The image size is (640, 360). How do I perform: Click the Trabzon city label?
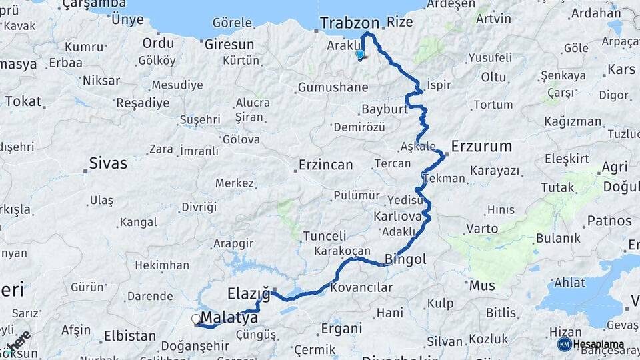(x=349, y=23)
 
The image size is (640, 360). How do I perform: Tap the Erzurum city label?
(x=481, y=146)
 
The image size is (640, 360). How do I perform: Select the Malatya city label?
(x=229, y=318)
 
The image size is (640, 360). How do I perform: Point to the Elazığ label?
(x=249, y=293)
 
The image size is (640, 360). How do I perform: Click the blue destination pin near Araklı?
(x=360, y=55)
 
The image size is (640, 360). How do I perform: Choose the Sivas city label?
(x=107, y=163)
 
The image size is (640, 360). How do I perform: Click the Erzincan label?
(x=326, y=165)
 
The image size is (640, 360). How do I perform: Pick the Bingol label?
(x=405, y=259)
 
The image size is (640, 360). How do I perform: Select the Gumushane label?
(x=333, y=87)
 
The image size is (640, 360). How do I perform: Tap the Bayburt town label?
(x=384, y=109)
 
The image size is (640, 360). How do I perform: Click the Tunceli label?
(x=325, y=236)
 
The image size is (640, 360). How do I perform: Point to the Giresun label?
(x=229, y=45)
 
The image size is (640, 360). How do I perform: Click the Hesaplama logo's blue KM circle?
(x=564, y=344)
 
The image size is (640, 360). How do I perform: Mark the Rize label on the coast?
(x=399, y=22)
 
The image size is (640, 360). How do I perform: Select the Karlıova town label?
(x=397, y=217)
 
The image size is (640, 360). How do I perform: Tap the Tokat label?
(x=23, y=101)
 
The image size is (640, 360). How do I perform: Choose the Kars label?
(x=621, y=69)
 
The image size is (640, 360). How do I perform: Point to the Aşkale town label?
(x=419, y=146)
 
